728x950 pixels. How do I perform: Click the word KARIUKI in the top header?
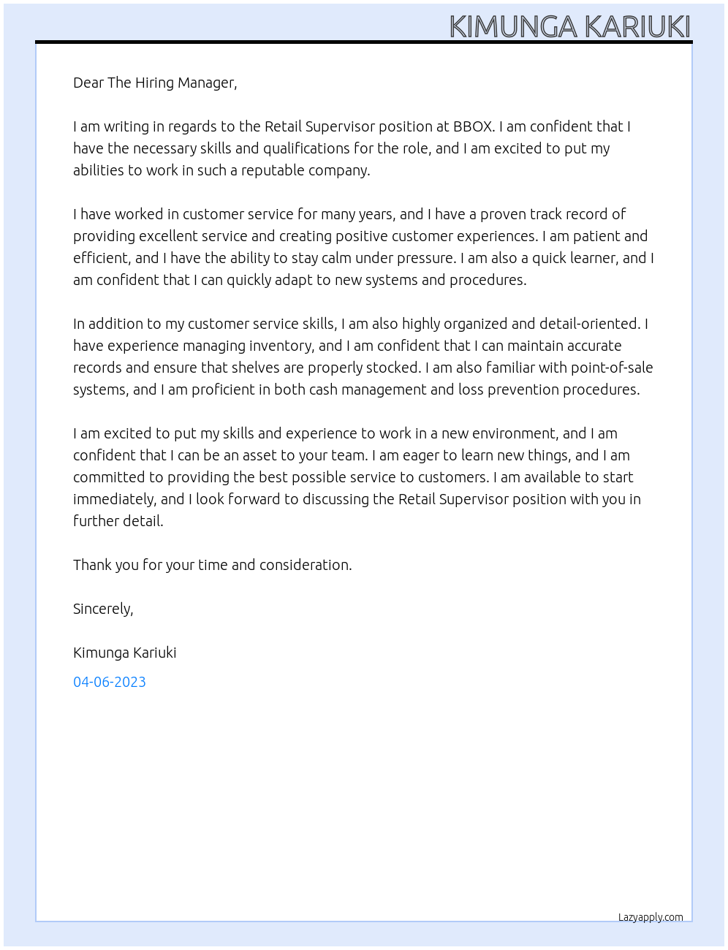637,26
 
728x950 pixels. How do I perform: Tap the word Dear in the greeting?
88,83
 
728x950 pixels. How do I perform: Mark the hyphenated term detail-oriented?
590,324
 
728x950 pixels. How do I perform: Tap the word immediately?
114,499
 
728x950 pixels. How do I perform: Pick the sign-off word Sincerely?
103,609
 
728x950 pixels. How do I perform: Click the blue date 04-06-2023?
110,682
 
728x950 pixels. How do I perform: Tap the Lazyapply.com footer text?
651,917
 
